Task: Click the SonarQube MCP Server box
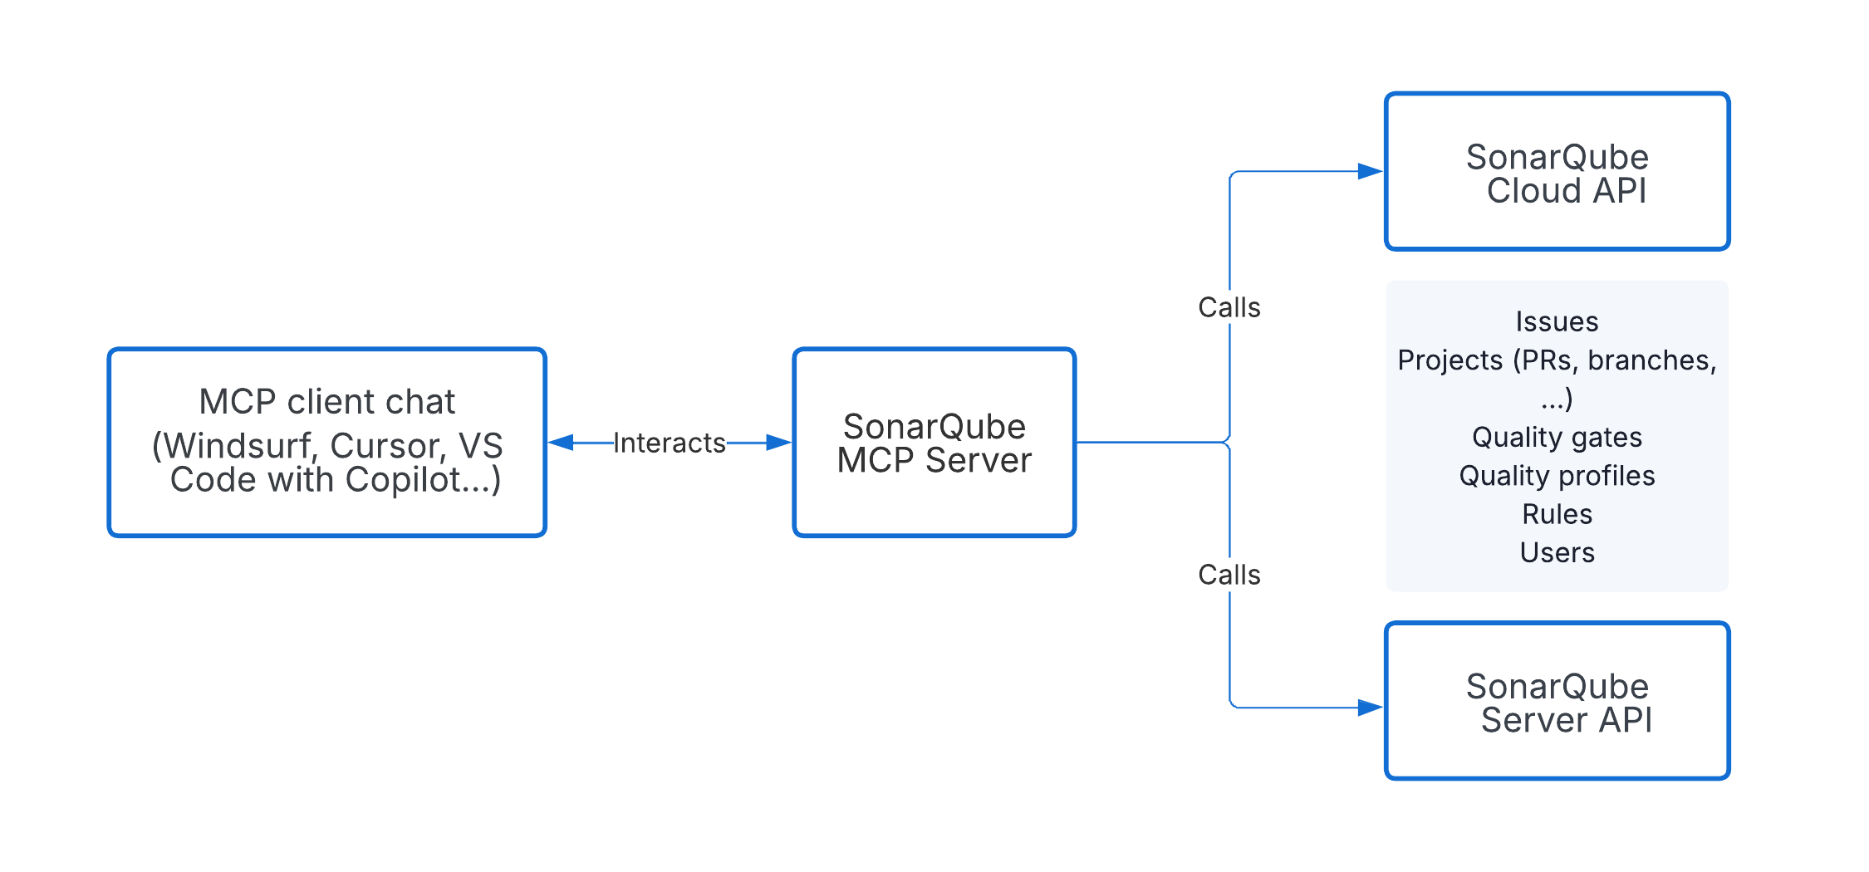pos(934,443)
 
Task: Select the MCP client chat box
pos(326,443)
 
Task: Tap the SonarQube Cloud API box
pos(1557,172)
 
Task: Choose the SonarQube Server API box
pos(1557,702)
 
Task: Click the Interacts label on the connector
pos(670,443)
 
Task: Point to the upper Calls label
pos(1229,308)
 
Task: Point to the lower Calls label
pos(1229,575)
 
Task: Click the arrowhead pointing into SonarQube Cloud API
pos(1370,172)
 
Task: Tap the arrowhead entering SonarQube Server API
pos(1370,708)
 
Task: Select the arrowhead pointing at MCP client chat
pos(562,443)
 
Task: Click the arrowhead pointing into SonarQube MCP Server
pos(778,443)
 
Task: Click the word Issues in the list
pos(1557,321)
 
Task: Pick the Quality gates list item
pos(1557,437)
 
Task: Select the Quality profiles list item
pos(1557,476)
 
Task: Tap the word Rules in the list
pos(1557,514)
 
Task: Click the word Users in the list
pos(1557,553)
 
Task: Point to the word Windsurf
pos(238,447)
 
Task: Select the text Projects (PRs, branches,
pos(1557,360)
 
